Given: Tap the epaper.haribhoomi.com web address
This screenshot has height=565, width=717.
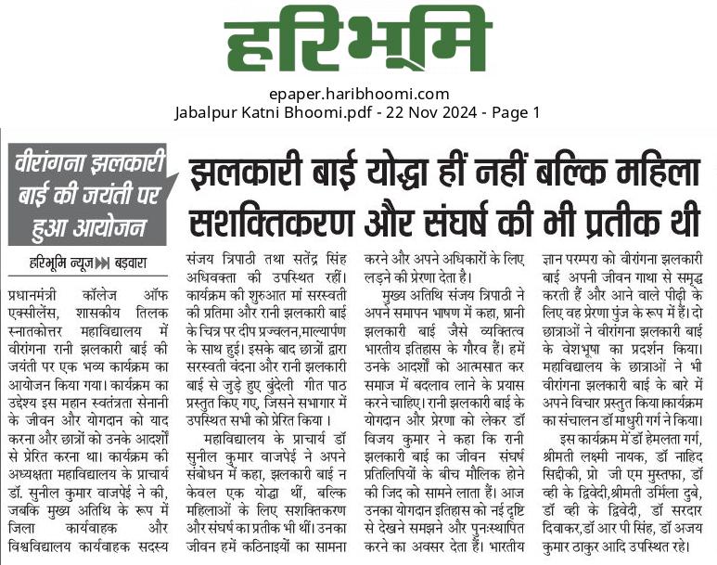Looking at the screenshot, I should (x=358, y=94).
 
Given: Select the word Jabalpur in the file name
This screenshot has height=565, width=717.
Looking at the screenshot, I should (x=207, y=113).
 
